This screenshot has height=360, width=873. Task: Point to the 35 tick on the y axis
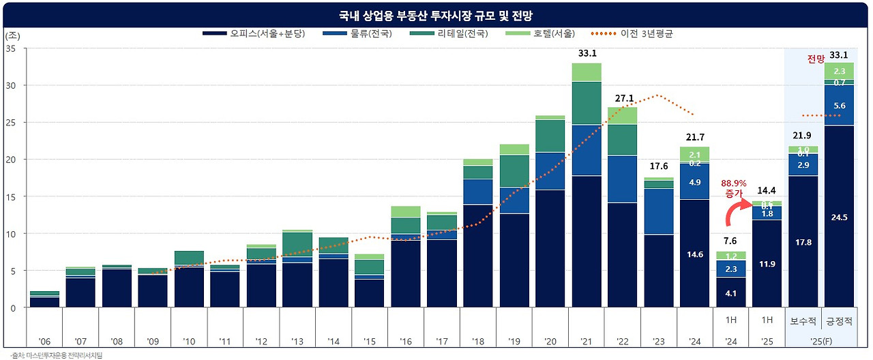tap(12, 48)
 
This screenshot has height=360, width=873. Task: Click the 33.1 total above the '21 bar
tap(587, 52)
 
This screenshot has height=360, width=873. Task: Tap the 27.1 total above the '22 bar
tap(623, 97)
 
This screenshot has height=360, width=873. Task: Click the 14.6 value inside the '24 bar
tap(695, 254)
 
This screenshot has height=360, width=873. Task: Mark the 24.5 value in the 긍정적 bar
tap(839, 217)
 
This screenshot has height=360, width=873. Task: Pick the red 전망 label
tap(816, 59)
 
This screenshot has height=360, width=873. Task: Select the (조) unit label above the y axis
tap(12, 35)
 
